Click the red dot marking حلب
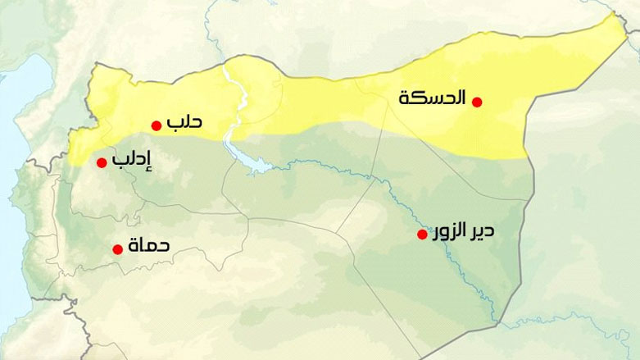pyautogui.click(x=156, y=125)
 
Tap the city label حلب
pyautogui.click(x=184, y=123)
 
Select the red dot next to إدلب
pyautogui.click(x=102, y=162)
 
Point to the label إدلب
pyautogui.click(x=132, y=162)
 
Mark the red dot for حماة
pyautogui.click(x=117, y=247)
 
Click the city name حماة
pyautogui.click(x=149, y=244)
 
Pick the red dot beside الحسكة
pyautogui.click(x=477, y=102)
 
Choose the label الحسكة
pyautogui.click(x=432, y=98)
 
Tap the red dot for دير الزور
pyautogui.click(x=422, y=235)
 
